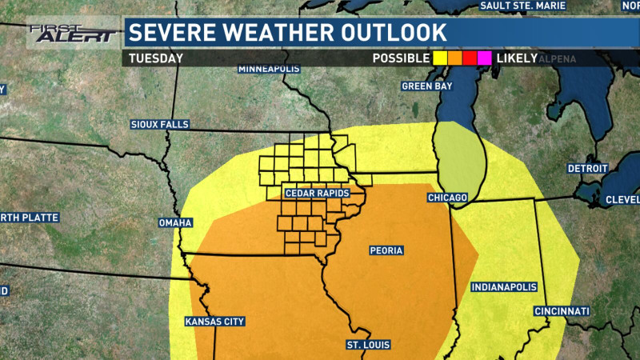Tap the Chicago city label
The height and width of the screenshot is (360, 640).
pyautogui.click(x=447, y=197)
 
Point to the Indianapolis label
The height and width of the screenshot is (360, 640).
pyautogui.click(x=503, y=286)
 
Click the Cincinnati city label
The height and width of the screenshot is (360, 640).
pyautogui.click(x=562, y=310)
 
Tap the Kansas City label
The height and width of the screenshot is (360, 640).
pyautogui.click(x=214, y=322)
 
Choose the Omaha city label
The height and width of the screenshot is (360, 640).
pyautogui.click(x=175, y=222)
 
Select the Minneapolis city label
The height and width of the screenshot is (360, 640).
pyautogui.click(x=269, y=69)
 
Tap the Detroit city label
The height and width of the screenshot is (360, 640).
pyautogui.click(x=588, y=169)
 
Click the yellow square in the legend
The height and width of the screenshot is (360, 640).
pyautogui.click(x=440, y=58)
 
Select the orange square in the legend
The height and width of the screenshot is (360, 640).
pyautogui.click(x=455, y=58)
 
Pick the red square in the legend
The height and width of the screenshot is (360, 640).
pyautogui.click(x=470, y=58)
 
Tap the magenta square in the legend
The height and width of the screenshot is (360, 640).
pyautogui.click(x=484, y=58)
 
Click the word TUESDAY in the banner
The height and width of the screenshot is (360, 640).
pyautogui.click(x=157, y=58)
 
